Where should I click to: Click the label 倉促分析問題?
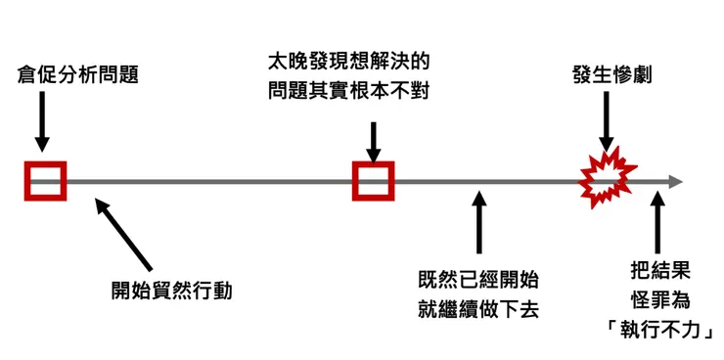click(78, 75)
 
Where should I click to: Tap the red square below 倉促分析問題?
click(45, 180)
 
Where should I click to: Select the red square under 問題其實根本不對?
click(373, 180)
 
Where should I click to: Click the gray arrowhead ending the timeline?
click(674, 181)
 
